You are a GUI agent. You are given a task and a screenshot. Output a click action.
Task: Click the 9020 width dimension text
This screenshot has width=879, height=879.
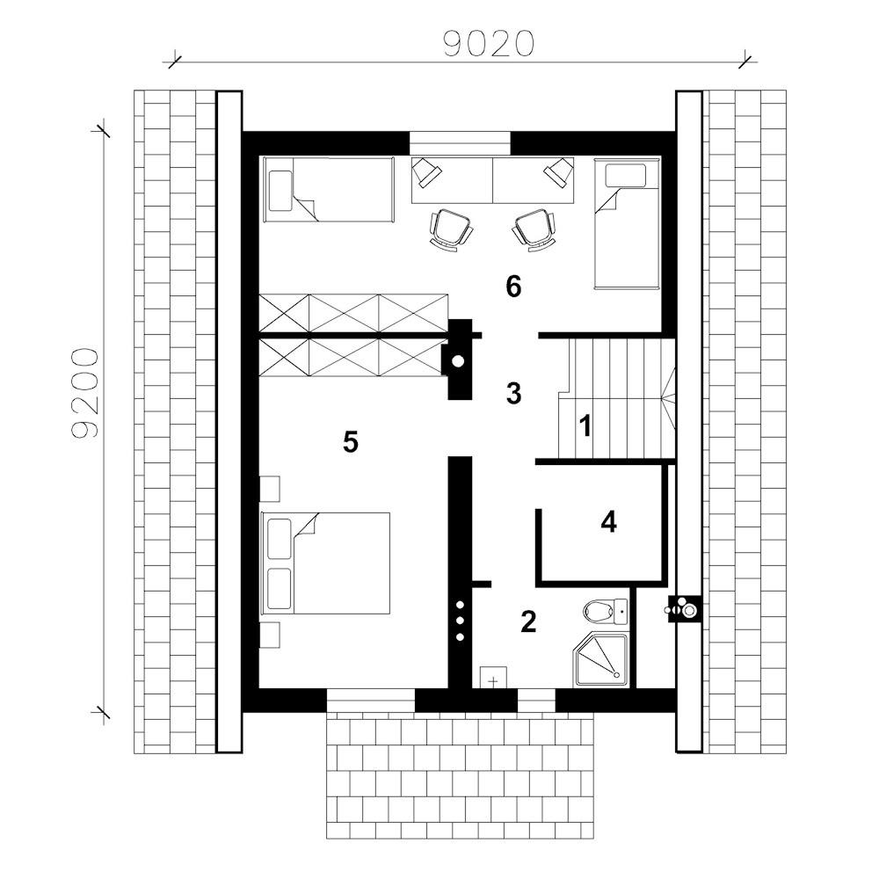(488, 43)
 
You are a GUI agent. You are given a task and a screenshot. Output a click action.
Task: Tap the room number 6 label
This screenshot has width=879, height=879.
(513, 287)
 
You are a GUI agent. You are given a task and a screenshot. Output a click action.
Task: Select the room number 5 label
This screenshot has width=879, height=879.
(351, 442)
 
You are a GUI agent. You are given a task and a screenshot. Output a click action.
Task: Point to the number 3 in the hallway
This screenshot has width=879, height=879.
(513, 393)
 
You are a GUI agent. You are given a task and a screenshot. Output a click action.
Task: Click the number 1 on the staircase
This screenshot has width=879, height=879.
(585, 426)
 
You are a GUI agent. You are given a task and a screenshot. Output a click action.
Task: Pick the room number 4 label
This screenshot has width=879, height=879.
(609, 521)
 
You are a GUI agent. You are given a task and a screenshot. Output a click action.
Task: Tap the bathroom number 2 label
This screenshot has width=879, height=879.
(528, 621)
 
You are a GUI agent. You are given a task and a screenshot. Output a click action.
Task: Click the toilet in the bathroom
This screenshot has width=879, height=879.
(606, 611)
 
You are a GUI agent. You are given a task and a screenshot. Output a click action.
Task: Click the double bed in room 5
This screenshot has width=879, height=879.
(325, 563)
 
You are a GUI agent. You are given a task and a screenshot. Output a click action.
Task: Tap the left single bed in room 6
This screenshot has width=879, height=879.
(329, 190)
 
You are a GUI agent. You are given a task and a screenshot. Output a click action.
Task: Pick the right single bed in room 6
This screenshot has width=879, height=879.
(627, 223)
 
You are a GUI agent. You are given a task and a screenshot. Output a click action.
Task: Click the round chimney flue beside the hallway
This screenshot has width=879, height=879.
(458, 361)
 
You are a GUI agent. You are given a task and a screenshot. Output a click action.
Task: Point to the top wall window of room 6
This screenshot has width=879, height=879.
(460, 142)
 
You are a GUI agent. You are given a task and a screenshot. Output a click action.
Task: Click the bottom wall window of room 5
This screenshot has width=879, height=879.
(371, 701)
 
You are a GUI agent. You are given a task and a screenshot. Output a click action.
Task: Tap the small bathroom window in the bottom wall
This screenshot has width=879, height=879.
(536, 701)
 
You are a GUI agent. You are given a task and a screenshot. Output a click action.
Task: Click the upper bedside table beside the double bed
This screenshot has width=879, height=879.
(270, 488)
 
